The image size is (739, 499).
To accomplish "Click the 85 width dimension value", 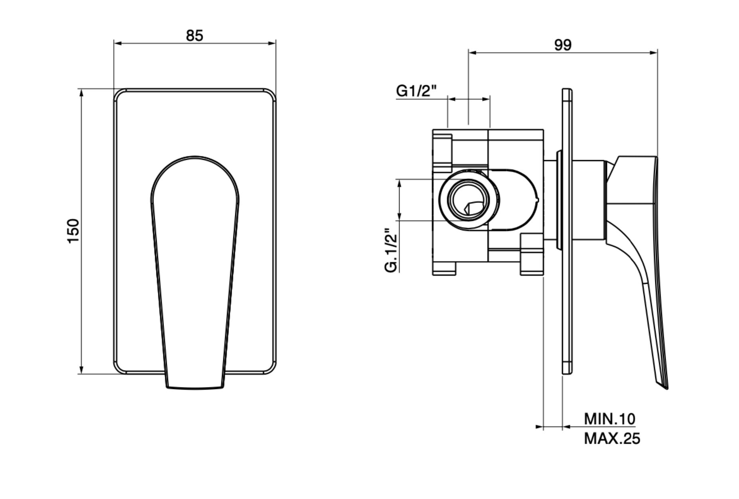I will coord(194,35).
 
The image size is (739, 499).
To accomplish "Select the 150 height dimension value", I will coord(73,231).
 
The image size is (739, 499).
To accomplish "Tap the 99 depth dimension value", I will coord(562,45).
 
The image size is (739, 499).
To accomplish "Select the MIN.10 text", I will coord(609,419).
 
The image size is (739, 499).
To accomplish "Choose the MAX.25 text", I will coord(612,439).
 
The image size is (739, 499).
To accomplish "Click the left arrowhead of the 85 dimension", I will coord(116,43).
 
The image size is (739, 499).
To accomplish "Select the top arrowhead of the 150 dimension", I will coord(81,92).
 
